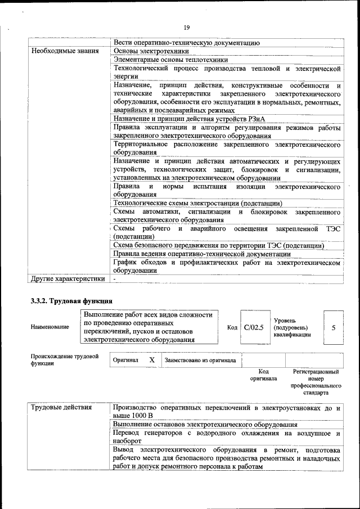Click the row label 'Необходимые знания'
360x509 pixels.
pos(65,51)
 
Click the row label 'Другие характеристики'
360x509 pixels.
pos(68,278)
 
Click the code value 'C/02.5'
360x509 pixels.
pos(254,327)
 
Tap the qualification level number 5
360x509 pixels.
pos(334,327)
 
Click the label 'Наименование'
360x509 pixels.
pos(51,327)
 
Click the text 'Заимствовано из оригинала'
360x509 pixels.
pos(200,361)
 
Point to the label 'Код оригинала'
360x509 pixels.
pos(263,375)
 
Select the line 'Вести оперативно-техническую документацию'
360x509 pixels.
pos(186,42)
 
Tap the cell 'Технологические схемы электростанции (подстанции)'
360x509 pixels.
pos(197,203)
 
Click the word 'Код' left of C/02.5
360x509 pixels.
pos(232,327)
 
